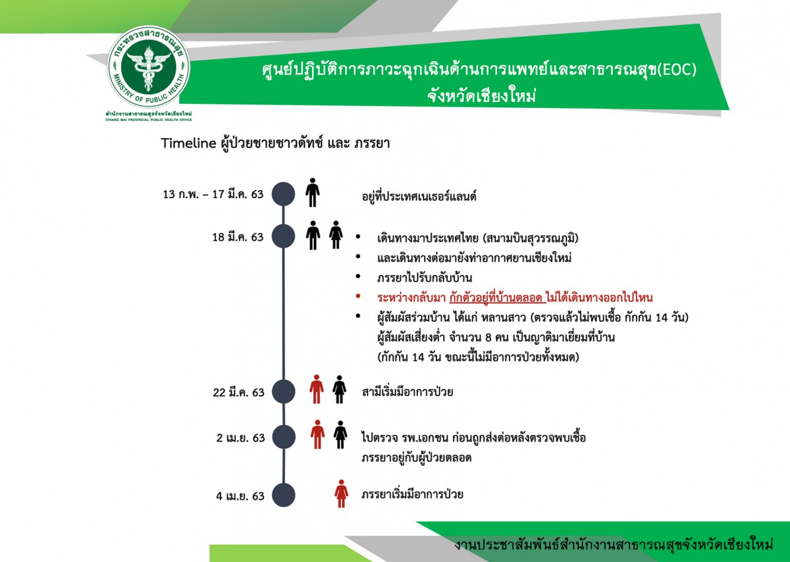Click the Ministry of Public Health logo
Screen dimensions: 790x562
[149, 66]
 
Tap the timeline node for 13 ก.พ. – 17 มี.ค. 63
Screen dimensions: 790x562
[283, 194]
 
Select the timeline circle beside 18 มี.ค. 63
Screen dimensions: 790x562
[283, 236]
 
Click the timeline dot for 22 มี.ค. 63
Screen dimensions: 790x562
[284, 392]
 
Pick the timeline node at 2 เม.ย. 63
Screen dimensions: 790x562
[284, 437]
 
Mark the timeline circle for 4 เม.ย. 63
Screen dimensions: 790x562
[284, 495]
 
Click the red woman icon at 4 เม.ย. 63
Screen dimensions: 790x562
[341, 494]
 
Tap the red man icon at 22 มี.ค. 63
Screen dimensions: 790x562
[317, 389]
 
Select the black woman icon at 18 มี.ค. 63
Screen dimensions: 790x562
[336, 235]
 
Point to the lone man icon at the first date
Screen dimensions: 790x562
[313, 192]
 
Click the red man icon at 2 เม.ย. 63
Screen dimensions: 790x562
[317, 434]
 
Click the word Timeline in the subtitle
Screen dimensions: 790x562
[188, 143]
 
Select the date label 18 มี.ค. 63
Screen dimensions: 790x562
[238, 237]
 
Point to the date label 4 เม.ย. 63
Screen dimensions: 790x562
[240, 496]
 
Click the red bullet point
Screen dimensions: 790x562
[358, 297]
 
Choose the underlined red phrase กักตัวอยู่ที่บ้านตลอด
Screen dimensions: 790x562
[498, 298]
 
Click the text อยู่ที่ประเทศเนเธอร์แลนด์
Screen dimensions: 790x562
[419, 195]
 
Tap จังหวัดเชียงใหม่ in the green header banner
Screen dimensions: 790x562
[481, 96]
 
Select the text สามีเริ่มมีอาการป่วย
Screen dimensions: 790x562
[408, 392]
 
